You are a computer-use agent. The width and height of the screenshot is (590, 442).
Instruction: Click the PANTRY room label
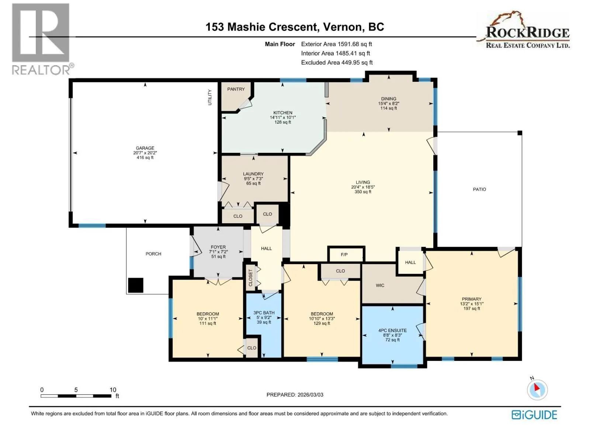tap(236, 89)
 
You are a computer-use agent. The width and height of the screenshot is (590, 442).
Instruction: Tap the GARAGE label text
tap(145, 148)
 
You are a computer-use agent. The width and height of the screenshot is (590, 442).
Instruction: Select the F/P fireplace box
tap(346, 254)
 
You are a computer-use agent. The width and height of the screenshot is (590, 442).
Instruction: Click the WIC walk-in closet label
tap(380, 285)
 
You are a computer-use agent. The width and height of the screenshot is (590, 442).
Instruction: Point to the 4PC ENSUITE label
tap(392, 330)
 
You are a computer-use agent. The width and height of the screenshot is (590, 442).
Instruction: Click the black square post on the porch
tap(135, 285)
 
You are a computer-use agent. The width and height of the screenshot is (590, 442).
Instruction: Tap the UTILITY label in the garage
tap(210, 97)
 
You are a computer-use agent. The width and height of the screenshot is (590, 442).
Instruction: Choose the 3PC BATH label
tap(264, 313)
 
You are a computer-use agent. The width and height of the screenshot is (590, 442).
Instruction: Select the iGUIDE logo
tap(534, 415)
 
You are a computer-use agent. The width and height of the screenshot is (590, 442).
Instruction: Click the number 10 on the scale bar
tap(113, 390)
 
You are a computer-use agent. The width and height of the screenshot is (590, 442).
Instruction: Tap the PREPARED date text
tap(295, 395)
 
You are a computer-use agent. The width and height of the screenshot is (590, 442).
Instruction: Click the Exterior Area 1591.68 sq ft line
tap(337, 44)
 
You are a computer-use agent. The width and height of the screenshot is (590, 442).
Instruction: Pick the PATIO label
tap(479, 189)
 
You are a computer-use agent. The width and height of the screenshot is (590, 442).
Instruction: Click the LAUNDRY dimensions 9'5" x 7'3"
tap(253, 179)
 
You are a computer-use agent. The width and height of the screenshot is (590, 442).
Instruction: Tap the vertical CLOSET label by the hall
tap(250, 278)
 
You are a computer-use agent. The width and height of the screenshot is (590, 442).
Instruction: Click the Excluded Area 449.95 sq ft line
tap(337, 63)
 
